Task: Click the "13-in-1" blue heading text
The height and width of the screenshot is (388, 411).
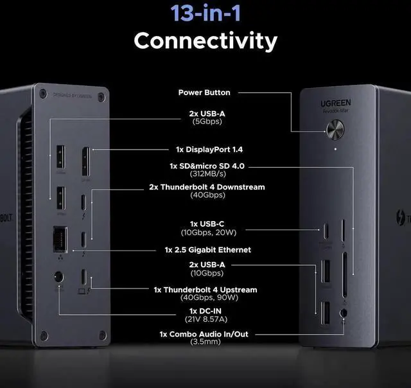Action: pyautogui.click(x=205, y=13)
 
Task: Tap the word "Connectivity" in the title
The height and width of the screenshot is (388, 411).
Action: pyautogui.click(x=205, y=40)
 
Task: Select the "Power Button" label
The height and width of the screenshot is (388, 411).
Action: pyautogui.click(x=204, y=93)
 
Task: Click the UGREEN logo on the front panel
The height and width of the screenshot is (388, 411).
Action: pyautogui.click(x=335, y=103)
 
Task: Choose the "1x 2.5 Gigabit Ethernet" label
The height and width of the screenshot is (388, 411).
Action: pyautogui.click(x=207, y=250)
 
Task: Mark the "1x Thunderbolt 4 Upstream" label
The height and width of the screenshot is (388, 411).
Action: pyautogui.click(x=205, y=290)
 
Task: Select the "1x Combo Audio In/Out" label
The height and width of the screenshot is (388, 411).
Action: pyautogui.click(x=204, y=334)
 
